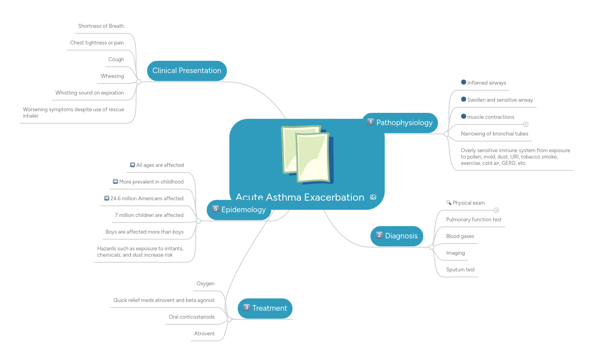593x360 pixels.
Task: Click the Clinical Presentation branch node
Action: point(187,71)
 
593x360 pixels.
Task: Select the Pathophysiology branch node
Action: point(400,123)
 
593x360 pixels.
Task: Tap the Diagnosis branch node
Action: point(397,236)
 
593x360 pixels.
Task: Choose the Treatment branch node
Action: point(265,308)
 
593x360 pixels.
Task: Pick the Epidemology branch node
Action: point(239,210)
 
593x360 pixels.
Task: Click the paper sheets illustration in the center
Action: point(307,155)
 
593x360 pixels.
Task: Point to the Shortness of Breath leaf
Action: point(101,26)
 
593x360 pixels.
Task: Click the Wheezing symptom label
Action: point(112,76)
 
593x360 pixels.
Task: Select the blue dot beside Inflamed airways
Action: point(463,82)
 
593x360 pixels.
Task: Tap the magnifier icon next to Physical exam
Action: point(449,203)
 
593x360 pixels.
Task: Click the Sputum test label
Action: point(460,270)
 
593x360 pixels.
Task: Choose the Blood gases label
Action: point(460,236)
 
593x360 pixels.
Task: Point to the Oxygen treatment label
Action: point(205,284)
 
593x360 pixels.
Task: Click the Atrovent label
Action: point(204,334)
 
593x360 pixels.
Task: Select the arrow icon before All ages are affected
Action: point(132,165)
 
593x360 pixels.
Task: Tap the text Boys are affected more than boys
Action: point(145,232)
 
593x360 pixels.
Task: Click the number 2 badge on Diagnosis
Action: point(379,235)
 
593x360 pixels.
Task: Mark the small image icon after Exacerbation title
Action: point(373,197)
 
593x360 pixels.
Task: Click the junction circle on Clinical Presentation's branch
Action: point(139,82)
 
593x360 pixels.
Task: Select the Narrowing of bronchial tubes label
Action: point(494,134)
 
